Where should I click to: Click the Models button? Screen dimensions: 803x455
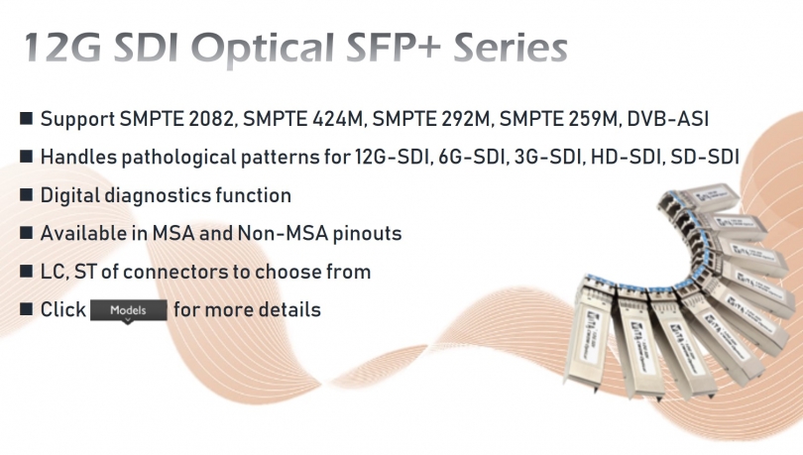click(129, 310)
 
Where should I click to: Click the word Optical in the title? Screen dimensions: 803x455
click(263, 49)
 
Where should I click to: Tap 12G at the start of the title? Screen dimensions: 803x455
click(63, 48)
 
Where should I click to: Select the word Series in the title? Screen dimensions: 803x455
click(511, 48)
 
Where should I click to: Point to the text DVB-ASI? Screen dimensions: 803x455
click(668, 119)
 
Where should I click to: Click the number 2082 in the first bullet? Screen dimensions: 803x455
click(211, 119)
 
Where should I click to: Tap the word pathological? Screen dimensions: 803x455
click(178, 158)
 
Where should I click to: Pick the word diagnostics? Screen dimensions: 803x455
click(158, 195)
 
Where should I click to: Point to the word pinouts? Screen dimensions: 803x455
click(367, 234)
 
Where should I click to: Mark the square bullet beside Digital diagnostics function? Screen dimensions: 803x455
click(26, 194)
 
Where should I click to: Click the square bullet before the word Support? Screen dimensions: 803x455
click(26, 118)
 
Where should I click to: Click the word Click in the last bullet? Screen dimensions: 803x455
click(63, 309)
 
